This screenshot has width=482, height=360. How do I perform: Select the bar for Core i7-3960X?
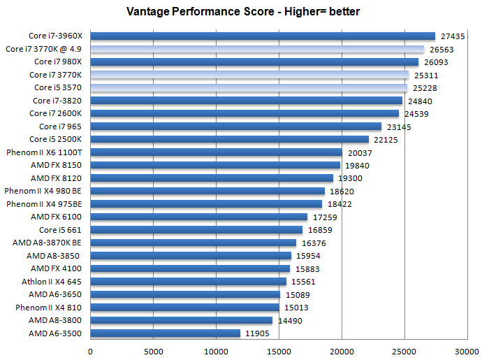(263, 36)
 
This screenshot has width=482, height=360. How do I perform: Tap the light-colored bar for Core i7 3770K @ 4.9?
(257, 49)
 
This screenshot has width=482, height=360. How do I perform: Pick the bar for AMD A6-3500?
(165, 333)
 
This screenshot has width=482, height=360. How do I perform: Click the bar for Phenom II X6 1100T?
(216, 152)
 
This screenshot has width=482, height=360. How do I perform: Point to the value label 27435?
(455, 36)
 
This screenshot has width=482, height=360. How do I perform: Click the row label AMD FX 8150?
(57, 165)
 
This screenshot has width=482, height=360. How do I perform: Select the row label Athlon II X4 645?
(52, 282)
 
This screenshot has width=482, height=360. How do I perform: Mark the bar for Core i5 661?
(196, 230)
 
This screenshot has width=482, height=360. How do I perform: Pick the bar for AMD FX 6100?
(198, 217)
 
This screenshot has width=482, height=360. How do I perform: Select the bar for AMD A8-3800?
(181, 320)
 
